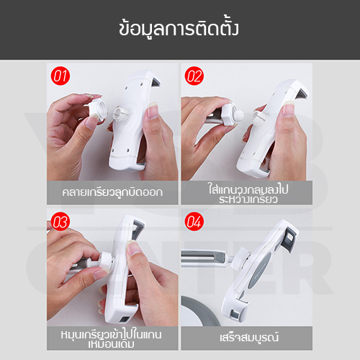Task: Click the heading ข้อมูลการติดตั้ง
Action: (180, 30)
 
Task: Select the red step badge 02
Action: (194, 75)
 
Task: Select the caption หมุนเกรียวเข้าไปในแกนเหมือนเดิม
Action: (112, 338)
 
